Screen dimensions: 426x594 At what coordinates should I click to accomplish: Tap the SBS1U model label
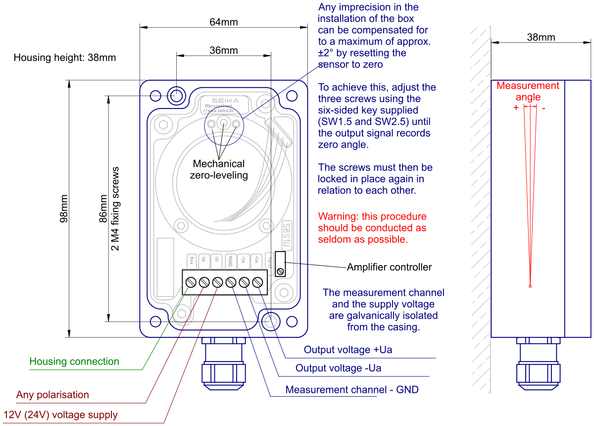click(x=286, y=237)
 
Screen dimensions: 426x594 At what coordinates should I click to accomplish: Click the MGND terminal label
click(x=230, y=262)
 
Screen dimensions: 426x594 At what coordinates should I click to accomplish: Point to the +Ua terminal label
click(x=256, y=261)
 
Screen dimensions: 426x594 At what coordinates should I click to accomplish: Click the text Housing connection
click(x=74, y=362)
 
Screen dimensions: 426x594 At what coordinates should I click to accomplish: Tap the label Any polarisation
click(x=52, y=395)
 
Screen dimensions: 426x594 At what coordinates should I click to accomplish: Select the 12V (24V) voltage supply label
click(x=60, y=415)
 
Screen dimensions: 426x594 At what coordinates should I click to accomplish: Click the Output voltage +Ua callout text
click(x=347, y=350)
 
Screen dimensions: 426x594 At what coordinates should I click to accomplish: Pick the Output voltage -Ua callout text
click(x=338, y=368)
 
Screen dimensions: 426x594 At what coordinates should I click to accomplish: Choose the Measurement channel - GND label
click(x=351, y=390)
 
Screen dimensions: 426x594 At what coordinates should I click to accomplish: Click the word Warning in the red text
click(x=338, y=216)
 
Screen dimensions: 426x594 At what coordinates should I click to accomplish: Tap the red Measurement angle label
click(x=528, y=91)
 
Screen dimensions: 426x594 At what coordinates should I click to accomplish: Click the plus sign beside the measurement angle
click(x=516, y=107)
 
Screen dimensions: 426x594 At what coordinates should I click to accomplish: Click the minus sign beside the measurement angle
click(x=544, y=107)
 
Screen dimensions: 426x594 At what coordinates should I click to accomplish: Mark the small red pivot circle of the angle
click(x=530, y=286)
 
